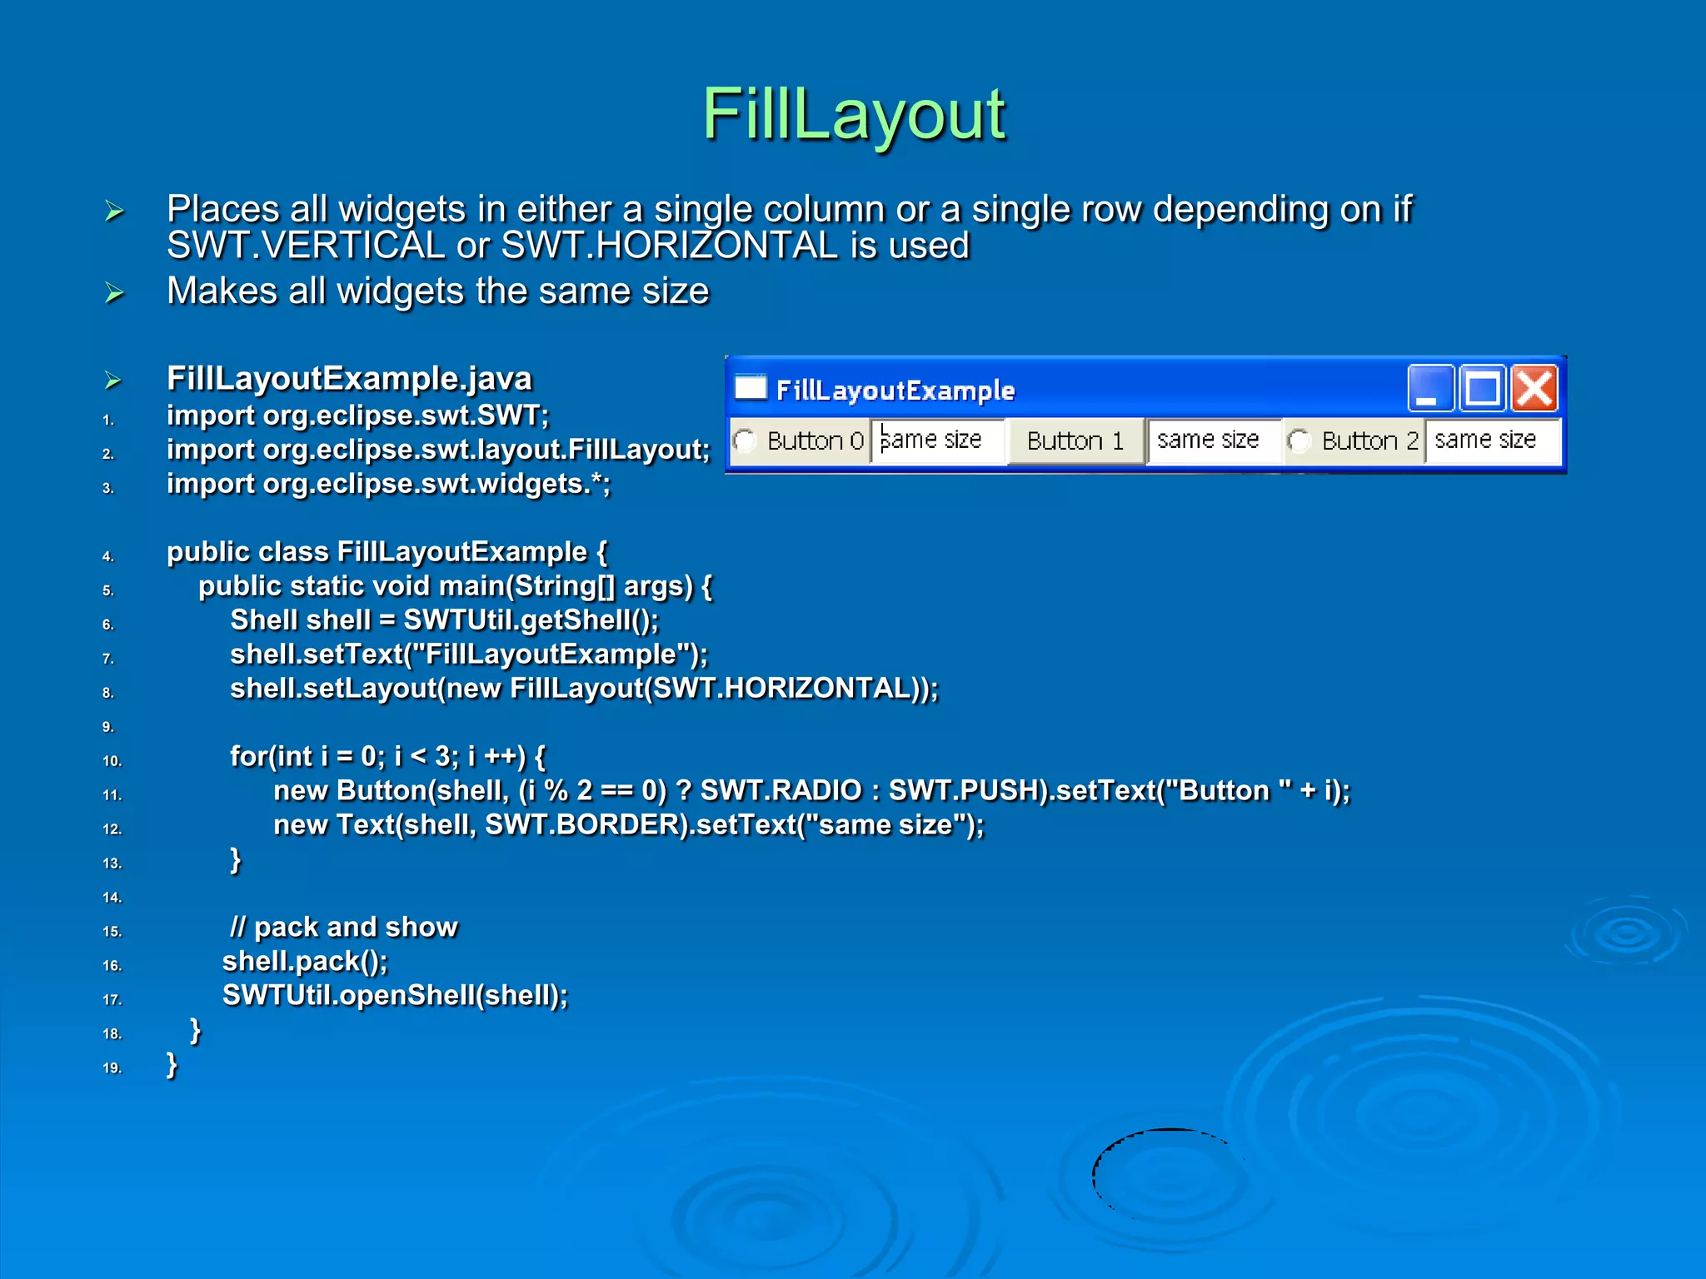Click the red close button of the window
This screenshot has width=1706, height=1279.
[x=1534, y=389]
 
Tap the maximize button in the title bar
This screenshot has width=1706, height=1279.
[x=1483, y=389]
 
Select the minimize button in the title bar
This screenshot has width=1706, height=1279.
[x=1430, y=389]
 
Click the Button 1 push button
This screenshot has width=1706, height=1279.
[x=1075, y=440]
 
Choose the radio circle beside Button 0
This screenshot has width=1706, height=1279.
[x=745, y=440]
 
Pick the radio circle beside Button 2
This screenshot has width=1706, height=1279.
[x=1298, y=440]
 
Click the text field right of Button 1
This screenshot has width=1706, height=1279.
[x=1212, y=440]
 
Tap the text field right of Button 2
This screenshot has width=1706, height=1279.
[x=1491, y=440]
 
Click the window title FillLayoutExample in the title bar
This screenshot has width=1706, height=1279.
[x=895, y=391]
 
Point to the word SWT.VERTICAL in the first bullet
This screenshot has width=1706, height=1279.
[x=306, y=246]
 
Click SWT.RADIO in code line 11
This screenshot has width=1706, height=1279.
[x=781, y=790]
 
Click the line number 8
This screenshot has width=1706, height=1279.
[x=108, y=693]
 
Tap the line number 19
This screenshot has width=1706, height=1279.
[x=112, y=1068]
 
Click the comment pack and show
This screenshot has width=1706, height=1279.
[x=344, y=927]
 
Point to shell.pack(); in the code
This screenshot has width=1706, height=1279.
[x=305, y=962]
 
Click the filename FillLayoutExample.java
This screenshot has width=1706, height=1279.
[x=349, y=379]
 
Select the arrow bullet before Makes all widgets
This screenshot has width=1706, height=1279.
[x=114, y=292]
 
